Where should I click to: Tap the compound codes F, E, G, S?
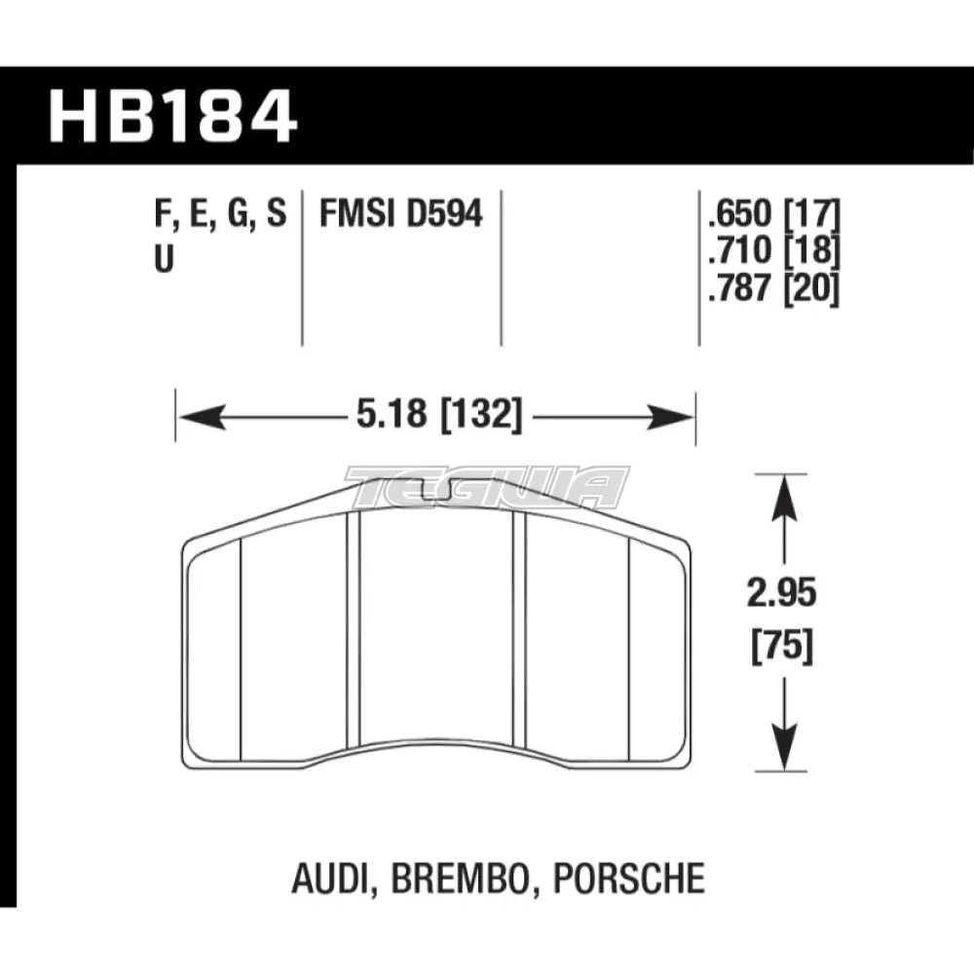pos(222,213)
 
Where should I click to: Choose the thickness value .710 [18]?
pos(769,251)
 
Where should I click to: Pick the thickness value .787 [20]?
pos(769,290)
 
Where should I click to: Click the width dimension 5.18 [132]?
pos(434,419)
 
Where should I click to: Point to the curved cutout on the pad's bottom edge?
pos(436,752)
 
